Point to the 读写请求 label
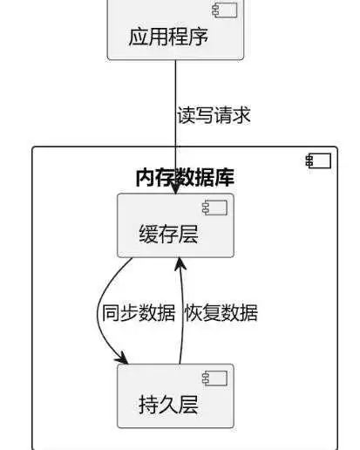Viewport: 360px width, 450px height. [x=214, y=115]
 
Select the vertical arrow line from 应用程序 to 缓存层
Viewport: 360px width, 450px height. [x=175, y=96]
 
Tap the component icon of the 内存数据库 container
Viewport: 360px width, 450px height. [x=318, y=160]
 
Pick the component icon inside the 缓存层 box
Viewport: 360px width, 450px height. [x=214, y=208]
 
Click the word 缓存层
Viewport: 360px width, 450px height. [x=168, y=234]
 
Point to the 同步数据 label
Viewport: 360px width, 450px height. [x=139, y=313]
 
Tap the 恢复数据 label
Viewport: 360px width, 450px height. [x=221, y=313]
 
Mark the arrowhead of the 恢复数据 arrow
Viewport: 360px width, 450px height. [x=180, y=262]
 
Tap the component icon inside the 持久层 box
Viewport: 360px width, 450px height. [x=214, y=378]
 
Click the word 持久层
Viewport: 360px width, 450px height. [x=168, y=405]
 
